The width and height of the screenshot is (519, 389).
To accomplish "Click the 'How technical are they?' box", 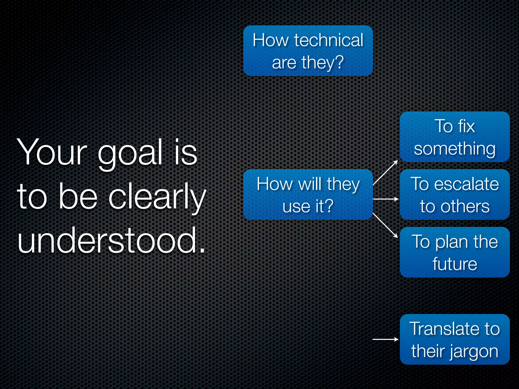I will (308, 51).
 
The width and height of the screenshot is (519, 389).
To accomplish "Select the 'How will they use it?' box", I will (308, 194).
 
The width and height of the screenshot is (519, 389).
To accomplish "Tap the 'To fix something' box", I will (455, 137).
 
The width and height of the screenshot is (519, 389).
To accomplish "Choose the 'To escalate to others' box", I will (455, 194).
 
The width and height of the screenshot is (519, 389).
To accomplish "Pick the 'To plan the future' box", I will (455, 252).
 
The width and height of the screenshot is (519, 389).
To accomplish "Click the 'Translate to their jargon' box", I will (455, 339).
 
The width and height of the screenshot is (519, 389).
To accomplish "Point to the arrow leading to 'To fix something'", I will (385, 173).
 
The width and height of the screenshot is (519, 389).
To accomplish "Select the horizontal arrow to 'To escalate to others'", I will (385, 199).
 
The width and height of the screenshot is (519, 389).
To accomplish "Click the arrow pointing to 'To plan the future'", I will (385, 225).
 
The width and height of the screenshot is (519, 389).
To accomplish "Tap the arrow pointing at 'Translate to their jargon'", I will (385, 339).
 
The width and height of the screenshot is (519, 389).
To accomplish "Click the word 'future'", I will (455, 264).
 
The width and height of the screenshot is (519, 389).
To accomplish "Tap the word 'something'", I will (455, 149).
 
